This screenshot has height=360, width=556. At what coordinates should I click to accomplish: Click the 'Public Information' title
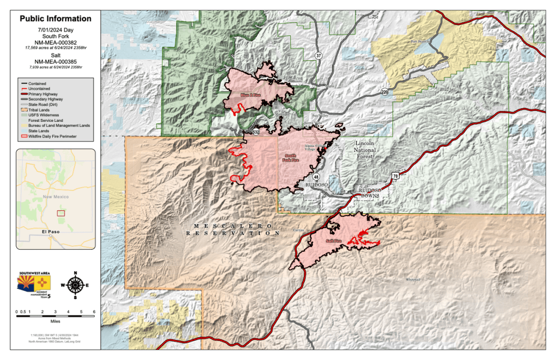pyautogui.click(x=55, y=18)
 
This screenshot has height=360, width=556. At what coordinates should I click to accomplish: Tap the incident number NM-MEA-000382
pyautogui.click(x=55, y=42)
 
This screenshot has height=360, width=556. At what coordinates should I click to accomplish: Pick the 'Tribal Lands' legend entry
pyautogui.click(x=40, y=110)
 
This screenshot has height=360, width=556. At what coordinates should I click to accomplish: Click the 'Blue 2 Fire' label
pyautogui.click(x=251, y=95)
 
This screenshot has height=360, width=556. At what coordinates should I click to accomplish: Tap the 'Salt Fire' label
pyautogui.click(x=333, y=240)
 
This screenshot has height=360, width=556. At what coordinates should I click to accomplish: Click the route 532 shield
pyautogui.click(x=256, y=132)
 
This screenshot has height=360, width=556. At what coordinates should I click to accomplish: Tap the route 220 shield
pyautogui.click(x=385, y=91)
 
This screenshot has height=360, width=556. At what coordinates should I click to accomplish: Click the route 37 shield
pyautogui.click(x=319, y=55)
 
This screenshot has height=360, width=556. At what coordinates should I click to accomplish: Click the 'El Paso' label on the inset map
pyautogui.click(x=51, y=233)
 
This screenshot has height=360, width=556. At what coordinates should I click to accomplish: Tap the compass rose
pyautogui.click(x=76, y=284)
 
